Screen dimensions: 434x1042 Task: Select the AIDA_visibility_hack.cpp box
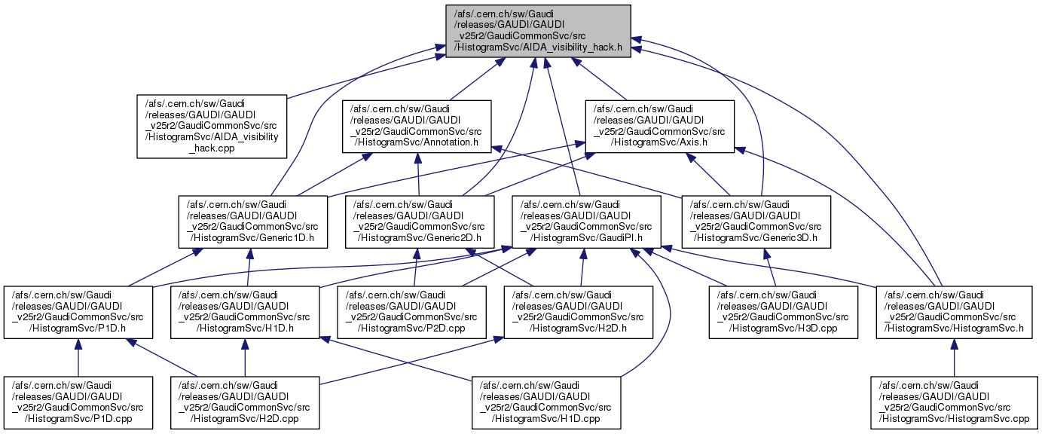click(x=212, y=126)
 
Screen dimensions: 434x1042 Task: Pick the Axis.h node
click(x=660, y=126)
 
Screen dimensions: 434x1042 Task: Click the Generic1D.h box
click(x=253, y=222)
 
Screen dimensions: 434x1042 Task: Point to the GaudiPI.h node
click(x=588, y=222)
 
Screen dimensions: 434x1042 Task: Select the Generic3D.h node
click(x=756, y=222)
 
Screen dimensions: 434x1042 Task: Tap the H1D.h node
click(x=245, y=313)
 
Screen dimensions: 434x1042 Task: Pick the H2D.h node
click(x=579, y=313)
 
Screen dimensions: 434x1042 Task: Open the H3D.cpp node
click(x=784, y=313)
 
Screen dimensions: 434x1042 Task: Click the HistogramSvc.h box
click(x=954, y=313)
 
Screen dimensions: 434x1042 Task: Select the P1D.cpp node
click(x=78, y=403)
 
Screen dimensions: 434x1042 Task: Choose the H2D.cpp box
click(x=246, y=403)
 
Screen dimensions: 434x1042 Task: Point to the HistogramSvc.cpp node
click(x=954, y=403)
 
